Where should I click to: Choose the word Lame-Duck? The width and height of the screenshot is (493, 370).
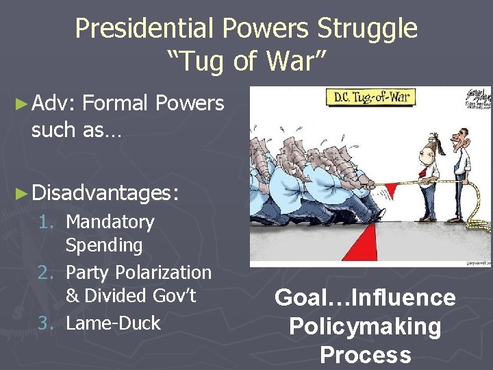click(x=113, y=323)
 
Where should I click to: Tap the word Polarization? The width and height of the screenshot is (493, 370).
click(x=162, y=273)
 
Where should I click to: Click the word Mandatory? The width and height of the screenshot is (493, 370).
click(x=110, y=222)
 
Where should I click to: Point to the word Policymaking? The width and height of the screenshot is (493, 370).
click(x=365, y=327)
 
